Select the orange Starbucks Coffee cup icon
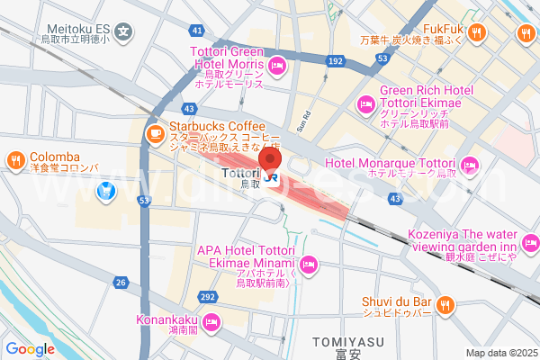pyautogui.click(x=155, y=135)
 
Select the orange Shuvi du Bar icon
pyautogui.click(x=443, y=307)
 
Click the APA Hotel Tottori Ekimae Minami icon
pyautogui.click(x=308, y=265)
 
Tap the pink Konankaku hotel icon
pyautogui.click(x=211, y=321)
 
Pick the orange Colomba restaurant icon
pyautogui.click(x=15, y=162)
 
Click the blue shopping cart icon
pyautogui.click(x=106, y=190)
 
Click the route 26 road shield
pyautogui.click(x=121, y=283)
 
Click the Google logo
pyautogui.click(x=30, y=349)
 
